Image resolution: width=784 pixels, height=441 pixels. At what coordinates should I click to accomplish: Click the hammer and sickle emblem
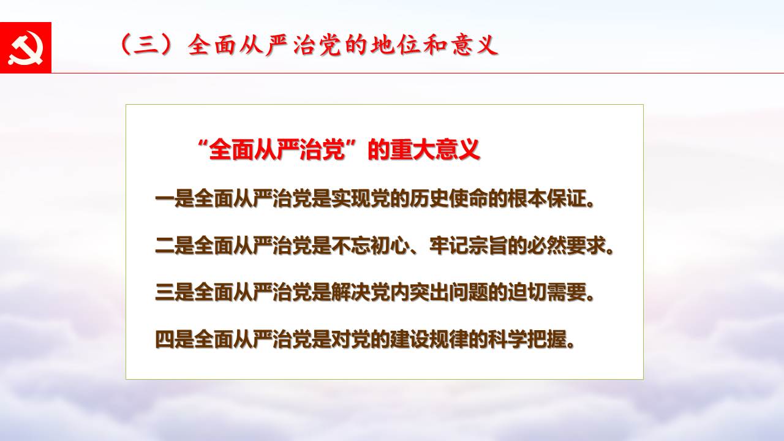26,48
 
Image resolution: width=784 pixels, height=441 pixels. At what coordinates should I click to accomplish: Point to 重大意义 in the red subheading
435,150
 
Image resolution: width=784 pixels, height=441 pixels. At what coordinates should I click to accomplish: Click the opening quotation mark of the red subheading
203,144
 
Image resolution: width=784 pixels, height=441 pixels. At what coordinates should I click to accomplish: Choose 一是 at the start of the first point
175,198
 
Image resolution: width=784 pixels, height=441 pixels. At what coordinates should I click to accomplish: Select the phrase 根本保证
547,198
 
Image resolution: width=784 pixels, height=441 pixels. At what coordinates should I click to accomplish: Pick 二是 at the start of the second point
175,246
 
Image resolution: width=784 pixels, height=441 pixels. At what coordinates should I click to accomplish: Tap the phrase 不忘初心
371,246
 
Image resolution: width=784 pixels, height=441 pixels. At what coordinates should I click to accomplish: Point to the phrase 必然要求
567,246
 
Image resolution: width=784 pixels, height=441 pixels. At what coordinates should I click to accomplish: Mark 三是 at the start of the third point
175,292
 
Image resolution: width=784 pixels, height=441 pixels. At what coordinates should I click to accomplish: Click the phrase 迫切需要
547,292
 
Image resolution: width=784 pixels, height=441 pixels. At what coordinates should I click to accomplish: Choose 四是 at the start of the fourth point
175,339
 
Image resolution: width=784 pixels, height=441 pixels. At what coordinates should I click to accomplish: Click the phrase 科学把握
527,339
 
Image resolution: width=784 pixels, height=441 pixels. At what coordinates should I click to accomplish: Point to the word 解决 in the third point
351,292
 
